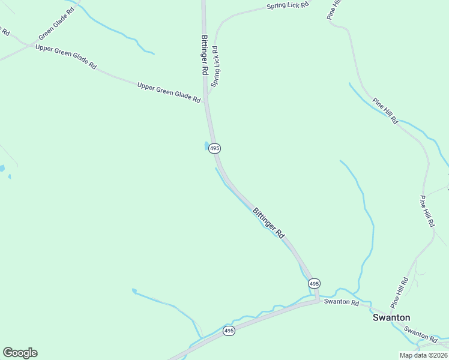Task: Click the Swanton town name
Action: [x=391, y=317]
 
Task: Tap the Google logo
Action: [x=20, y=353]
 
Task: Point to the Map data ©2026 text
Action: [x=423, y=355]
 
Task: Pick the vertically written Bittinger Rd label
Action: [x=204, y=55]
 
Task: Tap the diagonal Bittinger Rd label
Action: [x=268, y=222]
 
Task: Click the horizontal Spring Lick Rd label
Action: [x=288, y=5]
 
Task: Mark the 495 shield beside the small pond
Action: [x=215, y=148]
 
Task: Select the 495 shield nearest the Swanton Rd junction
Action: [x=314, y=283]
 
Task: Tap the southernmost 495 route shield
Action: [x=228, y=331]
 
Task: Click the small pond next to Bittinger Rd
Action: [x=207, y=146]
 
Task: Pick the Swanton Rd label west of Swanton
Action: [x=341, y=302]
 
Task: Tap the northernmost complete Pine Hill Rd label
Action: [x=385, y=111]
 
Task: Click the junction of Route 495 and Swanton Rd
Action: [x=318, y=299]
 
